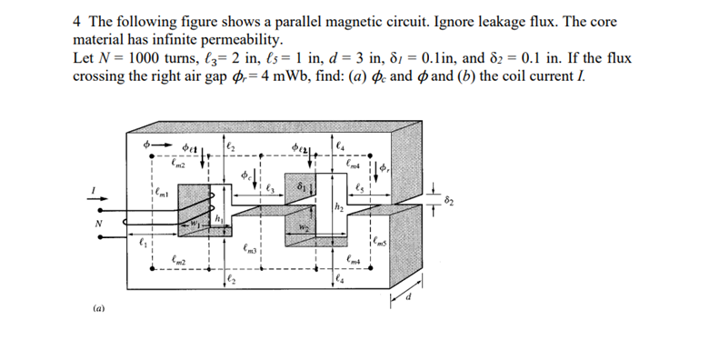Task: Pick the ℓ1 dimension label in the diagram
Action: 142,243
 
